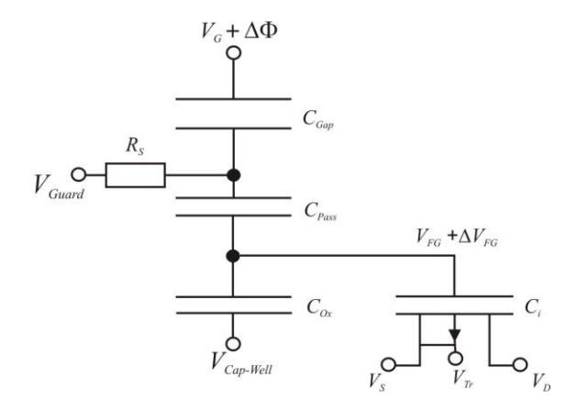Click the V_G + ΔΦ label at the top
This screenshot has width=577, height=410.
click(x=239, y=32)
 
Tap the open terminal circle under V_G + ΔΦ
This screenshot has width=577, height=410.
click(x=234, y=52)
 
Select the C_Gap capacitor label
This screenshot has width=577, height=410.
click(x=318, y=119)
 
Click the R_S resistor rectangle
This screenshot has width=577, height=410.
click(x=135, y=175)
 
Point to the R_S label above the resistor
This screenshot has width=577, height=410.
click(x=135, y=146)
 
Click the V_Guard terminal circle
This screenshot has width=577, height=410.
click(x=78, y=174)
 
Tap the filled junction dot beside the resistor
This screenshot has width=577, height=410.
click(x=233, y=175)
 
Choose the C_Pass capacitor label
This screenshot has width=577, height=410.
click(x=320, y=212)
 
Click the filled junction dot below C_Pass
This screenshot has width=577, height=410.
click(x=233, y=256)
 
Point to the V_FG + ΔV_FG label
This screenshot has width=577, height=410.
click(x=457, y=237)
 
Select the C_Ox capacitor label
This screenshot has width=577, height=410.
click(x=319, y=307)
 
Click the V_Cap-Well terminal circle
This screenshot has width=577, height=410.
click(x=233, y=344)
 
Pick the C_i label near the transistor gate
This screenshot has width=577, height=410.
click(x=532, y=307)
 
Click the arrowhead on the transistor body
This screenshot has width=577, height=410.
click(x=455, y=335)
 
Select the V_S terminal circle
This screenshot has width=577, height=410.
click(x=388, y=365)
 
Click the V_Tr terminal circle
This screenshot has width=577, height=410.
click(x=456, y=358)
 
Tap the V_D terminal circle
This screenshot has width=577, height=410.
click(x=519, y=365)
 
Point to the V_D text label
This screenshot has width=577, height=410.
click(x=541, y=382)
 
